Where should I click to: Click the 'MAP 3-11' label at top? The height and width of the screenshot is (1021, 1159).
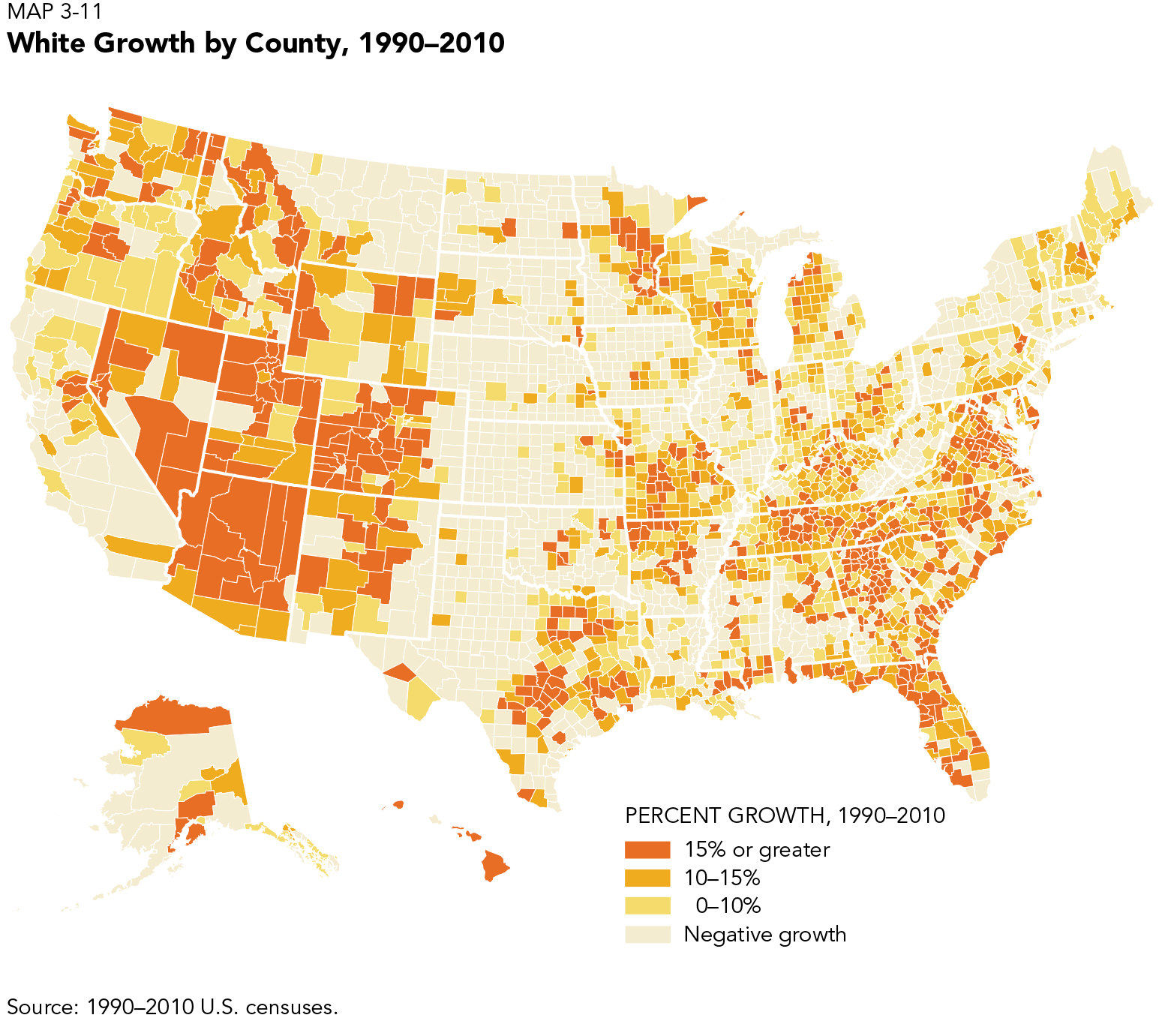click(54, 12)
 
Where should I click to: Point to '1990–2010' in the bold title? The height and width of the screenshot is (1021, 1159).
click(431, 43)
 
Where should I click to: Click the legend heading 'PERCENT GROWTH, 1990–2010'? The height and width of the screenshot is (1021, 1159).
click(785, 815)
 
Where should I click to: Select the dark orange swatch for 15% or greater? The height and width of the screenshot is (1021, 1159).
click(647, 850)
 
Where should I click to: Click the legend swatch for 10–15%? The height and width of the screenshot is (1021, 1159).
click(647, 878)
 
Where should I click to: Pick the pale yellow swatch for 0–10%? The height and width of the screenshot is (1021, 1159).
click(647, 906)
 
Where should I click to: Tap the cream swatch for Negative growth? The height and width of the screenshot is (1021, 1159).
click(647, 935)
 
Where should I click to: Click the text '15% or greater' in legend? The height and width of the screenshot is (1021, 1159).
click(756, 850)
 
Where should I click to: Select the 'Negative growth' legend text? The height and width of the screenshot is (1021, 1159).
click(764, 935)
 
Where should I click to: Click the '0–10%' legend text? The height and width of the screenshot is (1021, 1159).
click(728, 906)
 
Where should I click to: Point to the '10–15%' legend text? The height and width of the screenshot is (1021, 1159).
click(722, 878)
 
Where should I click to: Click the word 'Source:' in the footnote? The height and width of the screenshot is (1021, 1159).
click(41, 1007)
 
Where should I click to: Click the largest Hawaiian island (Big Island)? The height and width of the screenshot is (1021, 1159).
click(494, 866)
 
